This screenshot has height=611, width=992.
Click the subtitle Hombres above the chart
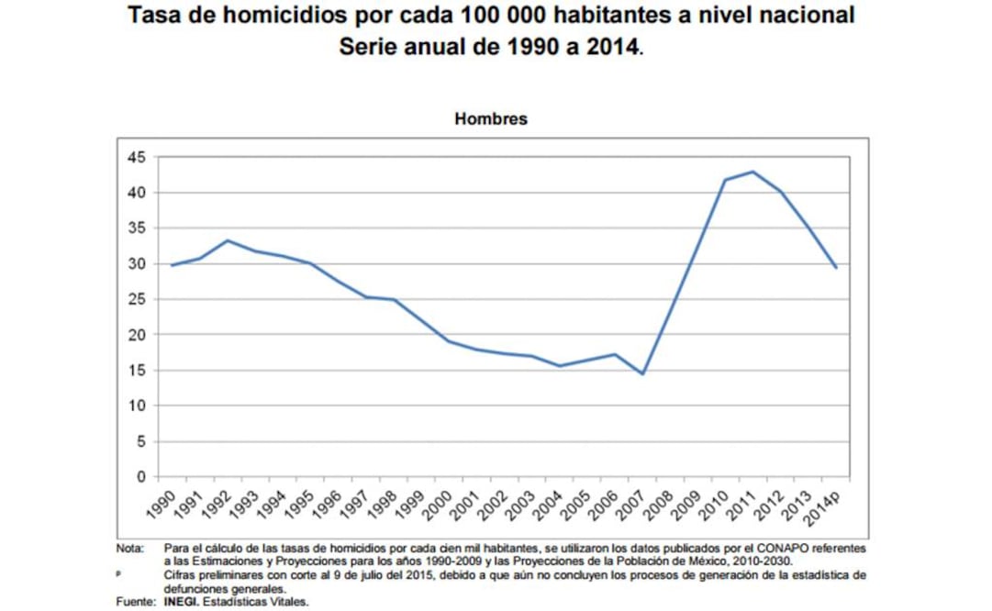(491, 119)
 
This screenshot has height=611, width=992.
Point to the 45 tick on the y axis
(137, 157)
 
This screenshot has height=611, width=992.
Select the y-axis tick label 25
(137, 299)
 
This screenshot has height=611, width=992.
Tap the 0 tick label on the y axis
(141, 477)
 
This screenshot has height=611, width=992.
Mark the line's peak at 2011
(753, 172)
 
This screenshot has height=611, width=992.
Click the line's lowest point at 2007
(643, 374)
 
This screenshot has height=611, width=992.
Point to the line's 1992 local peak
(228, 240)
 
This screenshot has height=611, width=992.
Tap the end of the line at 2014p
(836, 267)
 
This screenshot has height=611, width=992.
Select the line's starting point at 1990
(172, 265)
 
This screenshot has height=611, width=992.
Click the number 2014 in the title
(606, 46)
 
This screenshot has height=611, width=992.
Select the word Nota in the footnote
(128, 548)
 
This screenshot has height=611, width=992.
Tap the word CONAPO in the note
(706, 548)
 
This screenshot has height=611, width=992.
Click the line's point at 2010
(725, 180)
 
